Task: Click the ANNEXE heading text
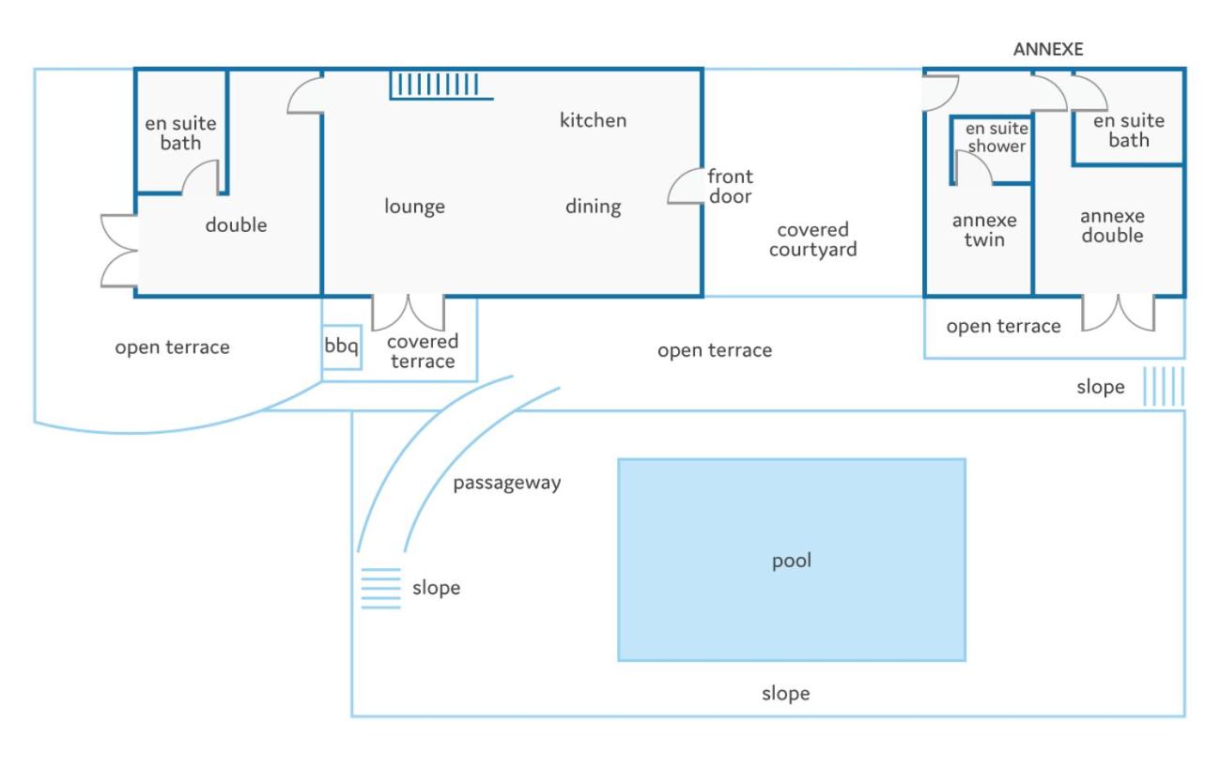click(1047, 50)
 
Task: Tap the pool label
click(792, 562)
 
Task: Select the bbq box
click(341, 347)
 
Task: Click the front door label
click(730, 186)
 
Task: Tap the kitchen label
click(593, 120)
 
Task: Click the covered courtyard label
click(812, 239)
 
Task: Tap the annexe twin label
click(984, 230)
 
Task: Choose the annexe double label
click(1112, 225)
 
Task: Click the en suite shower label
click(997, 137)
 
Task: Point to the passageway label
click(507, 484)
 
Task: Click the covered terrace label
click(423, 351)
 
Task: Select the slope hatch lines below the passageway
click(380, 588)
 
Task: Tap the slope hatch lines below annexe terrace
click(1163, 386)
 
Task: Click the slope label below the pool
click(785, 694)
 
